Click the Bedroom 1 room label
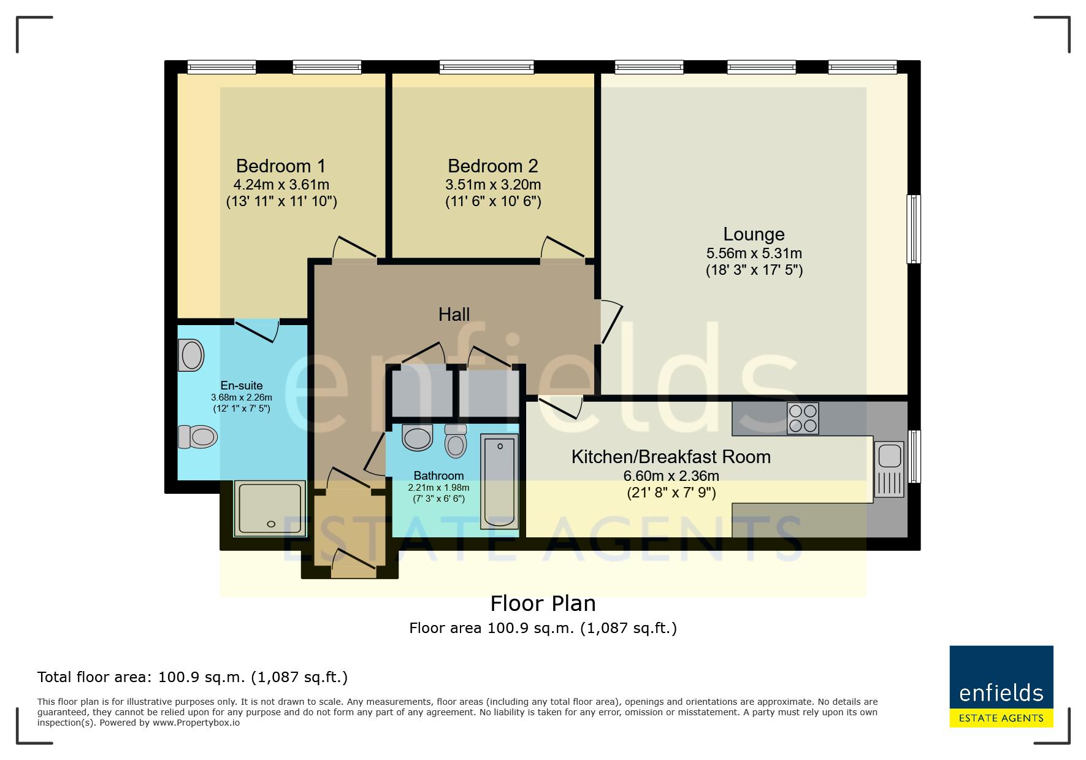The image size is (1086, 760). pos(281,166)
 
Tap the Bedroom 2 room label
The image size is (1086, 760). pos(493,166)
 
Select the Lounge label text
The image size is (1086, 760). pos(754,234)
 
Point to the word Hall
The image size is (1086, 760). pos(454,315)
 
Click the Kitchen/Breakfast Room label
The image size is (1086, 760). pos(671,457)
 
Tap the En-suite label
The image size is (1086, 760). pos(242,386)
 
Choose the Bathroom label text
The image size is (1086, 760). pos(438,476)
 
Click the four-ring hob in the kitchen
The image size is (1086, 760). pos(803,418)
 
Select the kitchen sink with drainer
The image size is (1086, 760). pos(889,469)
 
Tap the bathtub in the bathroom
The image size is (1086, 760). pos(499,480)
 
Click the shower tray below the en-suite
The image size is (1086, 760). pos(269,508)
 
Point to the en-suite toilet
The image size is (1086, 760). pos(197,437)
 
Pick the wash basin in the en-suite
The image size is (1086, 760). pos(191,356)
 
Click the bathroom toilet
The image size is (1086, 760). pos(456,440)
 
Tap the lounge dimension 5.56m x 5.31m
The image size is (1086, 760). pos(754,253)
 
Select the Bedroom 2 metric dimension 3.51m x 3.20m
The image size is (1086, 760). pos(493,185)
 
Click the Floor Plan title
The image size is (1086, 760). pos(543,604)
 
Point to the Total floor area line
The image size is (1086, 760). pos(193,677)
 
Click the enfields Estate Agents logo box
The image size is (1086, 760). pos(1001,686)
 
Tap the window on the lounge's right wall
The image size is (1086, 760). pos(914,229)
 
